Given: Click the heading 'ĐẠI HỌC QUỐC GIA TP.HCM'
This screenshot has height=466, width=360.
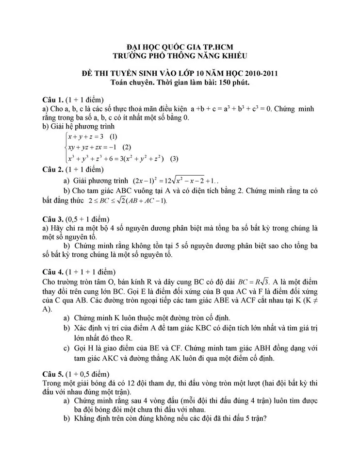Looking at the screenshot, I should [180, 47].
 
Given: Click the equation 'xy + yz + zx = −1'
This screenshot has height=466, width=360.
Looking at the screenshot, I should [93, 147].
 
